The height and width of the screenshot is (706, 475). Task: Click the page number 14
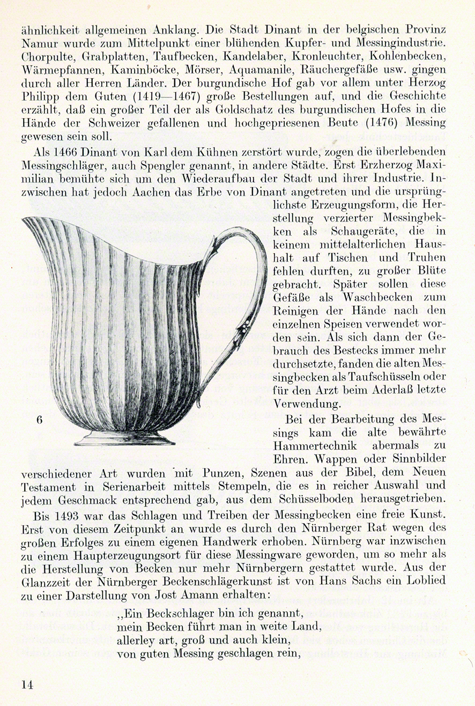pos(28,684)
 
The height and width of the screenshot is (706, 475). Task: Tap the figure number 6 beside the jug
pos(40,420)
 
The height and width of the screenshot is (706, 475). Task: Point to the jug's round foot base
pos(124,438)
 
